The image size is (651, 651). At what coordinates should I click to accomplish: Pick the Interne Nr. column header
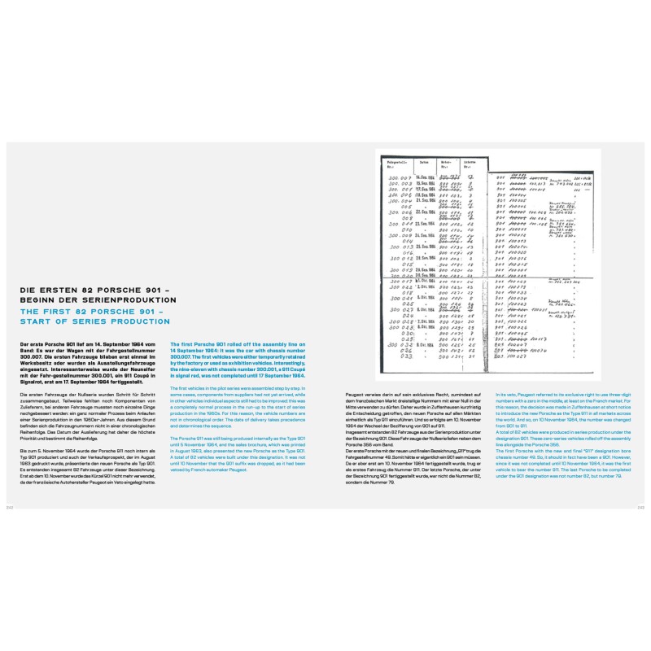(470, 163)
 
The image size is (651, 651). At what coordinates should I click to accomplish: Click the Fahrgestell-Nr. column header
(396, 163)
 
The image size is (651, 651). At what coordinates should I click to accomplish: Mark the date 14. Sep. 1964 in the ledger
(426, 176)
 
